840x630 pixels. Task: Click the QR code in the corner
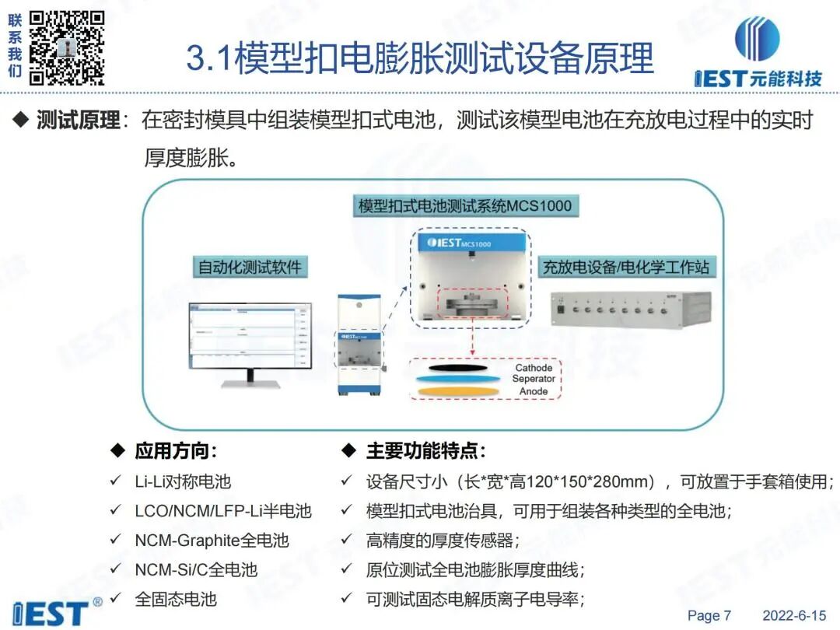(x=67, y=47)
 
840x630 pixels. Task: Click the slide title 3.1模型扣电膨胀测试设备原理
(x=420, y=58)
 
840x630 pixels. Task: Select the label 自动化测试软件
(x=249, y=267)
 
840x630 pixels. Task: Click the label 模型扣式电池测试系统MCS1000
(x=464, y=206)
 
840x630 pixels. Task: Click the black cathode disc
(x=459, y=367)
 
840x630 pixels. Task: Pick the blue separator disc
(x=459, y=379)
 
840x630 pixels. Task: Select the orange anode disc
(x=459, y=390)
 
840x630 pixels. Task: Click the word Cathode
(x=534, y=368)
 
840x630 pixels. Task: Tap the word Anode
(x=534, y=391)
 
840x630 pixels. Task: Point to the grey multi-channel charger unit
(x=631, y=310)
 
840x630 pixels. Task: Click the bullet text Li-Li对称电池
(x=183, y=482)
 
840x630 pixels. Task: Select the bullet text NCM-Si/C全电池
(x=195, y=569)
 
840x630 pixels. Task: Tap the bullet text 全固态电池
(x=175, y=599)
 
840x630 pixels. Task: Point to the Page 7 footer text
(x=709, y=616)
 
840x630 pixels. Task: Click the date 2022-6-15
(x=794, y=616)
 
